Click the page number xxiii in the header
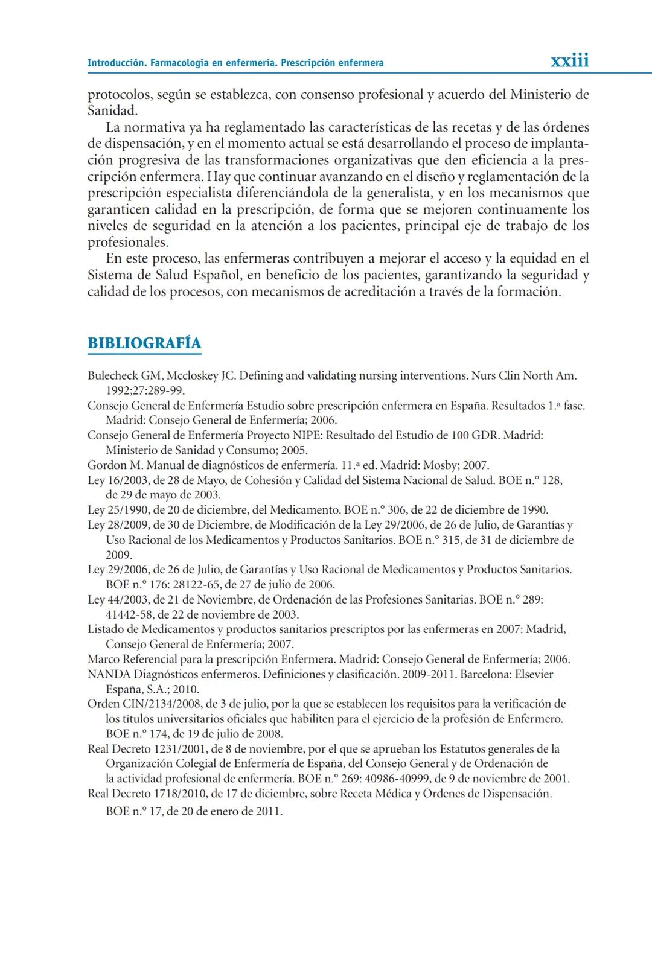tap(569, 61)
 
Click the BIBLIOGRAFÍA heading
tap(144, 343)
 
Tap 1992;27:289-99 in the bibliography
tap(145, 390)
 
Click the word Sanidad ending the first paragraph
tap(112, 111)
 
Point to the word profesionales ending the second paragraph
tap(127, 243)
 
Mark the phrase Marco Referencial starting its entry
tap(132, 659)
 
